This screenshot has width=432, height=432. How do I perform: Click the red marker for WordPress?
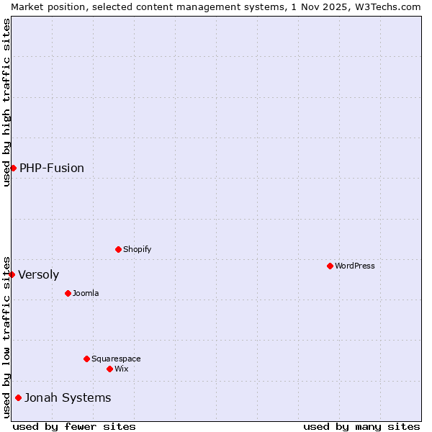(x=330, y=266)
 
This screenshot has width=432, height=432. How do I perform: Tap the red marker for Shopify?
(x=118, y=249)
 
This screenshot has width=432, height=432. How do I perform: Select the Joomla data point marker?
(x=68, y=293)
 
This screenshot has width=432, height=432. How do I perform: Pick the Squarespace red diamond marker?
(x=86, y=359)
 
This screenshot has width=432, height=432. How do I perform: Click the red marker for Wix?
(x=109, y=369)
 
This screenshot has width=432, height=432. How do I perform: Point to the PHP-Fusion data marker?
(x=13, y=168)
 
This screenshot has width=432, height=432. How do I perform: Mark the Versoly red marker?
(x=12, y=274)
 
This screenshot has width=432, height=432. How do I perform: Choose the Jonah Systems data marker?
(x=18, y=397)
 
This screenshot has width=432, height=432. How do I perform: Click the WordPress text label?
(x=355, y=266)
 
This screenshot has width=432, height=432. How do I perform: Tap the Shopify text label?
(x=137, y=249)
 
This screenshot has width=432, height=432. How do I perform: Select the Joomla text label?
(x=86, y=293)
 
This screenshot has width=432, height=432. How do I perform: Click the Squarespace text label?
(x=116, y=359)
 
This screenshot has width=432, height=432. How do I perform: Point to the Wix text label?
(x=121, y=369)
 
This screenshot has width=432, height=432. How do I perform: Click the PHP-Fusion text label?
(x=52, y=168)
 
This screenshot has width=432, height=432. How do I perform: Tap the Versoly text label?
(x=39, y=274)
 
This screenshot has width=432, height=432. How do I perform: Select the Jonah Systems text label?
(x=68, y=397)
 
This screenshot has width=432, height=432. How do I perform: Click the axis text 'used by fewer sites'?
(x=74, y=426)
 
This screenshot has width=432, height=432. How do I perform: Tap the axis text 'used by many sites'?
(x=361, y=426)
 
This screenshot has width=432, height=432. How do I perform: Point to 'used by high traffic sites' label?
(x=6, y=102)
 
